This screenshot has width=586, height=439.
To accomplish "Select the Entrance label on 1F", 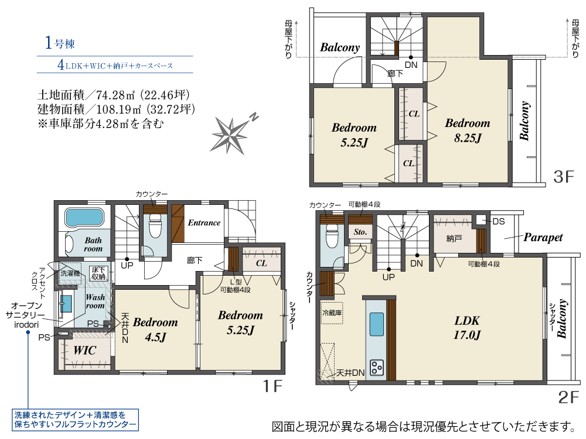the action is click(204, 223).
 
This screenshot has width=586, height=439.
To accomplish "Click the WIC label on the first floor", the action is click(85, 350).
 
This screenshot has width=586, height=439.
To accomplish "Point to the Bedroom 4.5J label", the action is click(155, 330).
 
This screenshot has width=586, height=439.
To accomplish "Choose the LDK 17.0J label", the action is click(467, 328).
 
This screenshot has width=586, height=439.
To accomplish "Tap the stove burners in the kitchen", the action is click(376, 368).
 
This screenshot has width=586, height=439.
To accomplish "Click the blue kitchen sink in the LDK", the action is click(376, 324).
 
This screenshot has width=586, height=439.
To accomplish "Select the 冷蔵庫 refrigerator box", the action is click(332, 313).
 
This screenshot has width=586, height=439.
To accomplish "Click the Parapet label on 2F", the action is click(543, 238).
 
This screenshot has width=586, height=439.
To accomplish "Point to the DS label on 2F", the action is click(499, 222).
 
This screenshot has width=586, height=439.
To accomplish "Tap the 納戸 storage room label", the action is click(454, 239).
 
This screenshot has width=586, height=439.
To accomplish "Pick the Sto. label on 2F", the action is click(360, 232).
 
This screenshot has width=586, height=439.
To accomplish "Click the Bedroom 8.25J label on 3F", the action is click(468, 131).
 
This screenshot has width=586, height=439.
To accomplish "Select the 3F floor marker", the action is click(563, 177).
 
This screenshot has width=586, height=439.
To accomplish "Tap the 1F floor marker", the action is click(272, 386).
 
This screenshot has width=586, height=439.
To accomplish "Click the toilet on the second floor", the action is click(332, 235).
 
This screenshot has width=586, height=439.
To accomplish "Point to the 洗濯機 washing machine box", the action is click(71, 273).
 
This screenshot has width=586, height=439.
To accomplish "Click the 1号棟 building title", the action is click(60, 43).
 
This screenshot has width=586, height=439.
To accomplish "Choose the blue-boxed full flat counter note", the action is click(75, 420).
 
